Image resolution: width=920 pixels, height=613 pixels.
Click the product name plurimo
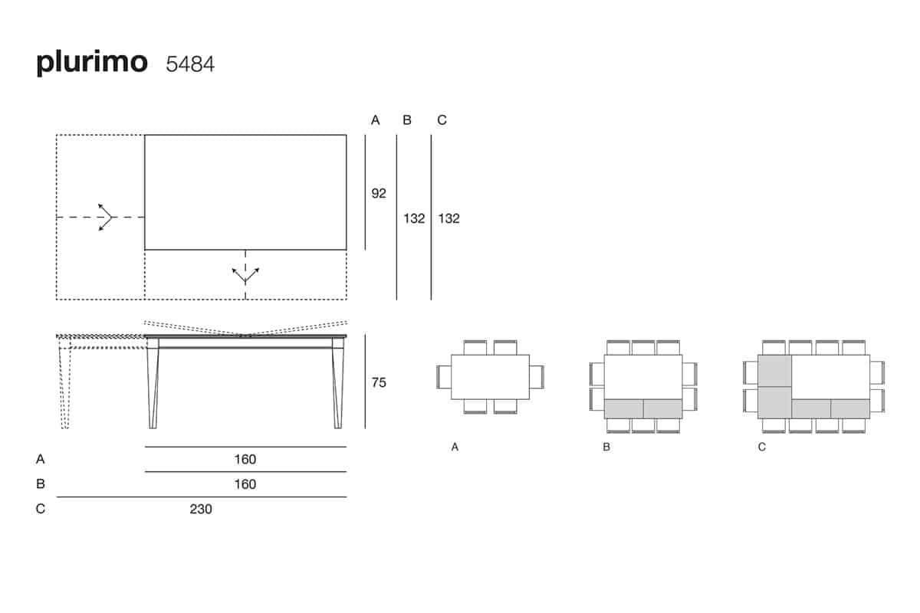pyautogui.click(x=92, y=63)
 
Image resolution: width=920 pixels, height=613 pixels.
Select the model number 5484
pyautogui.click(x=190, y=64)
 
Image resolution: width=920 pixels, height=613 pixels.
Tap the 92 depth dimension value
pyautogui.click(x=379, y=193)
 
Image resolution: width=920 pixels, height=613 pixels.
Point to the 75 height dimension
pyautogui.click(x=379, y=382)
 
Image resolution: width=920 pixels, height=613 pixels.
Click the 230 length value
pyautogui.click(x=201, y=509)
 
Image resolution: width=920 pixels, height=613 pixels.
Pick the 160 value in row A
pyautogui.click(x=245, y=459)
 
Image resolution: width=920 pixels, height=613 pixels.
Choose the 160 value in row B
pyautogui.click(x=245, y=484)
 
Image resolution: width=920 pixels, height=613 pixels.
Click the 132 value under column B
pyautogui.click(x=414, y=218)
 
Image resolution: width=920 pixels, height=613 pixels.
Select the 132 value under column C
pyautogui.click(x=449, y=218)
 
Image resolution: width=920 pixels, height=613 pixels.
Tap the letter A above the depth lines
pyautogui.click(x=376, y=120)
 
